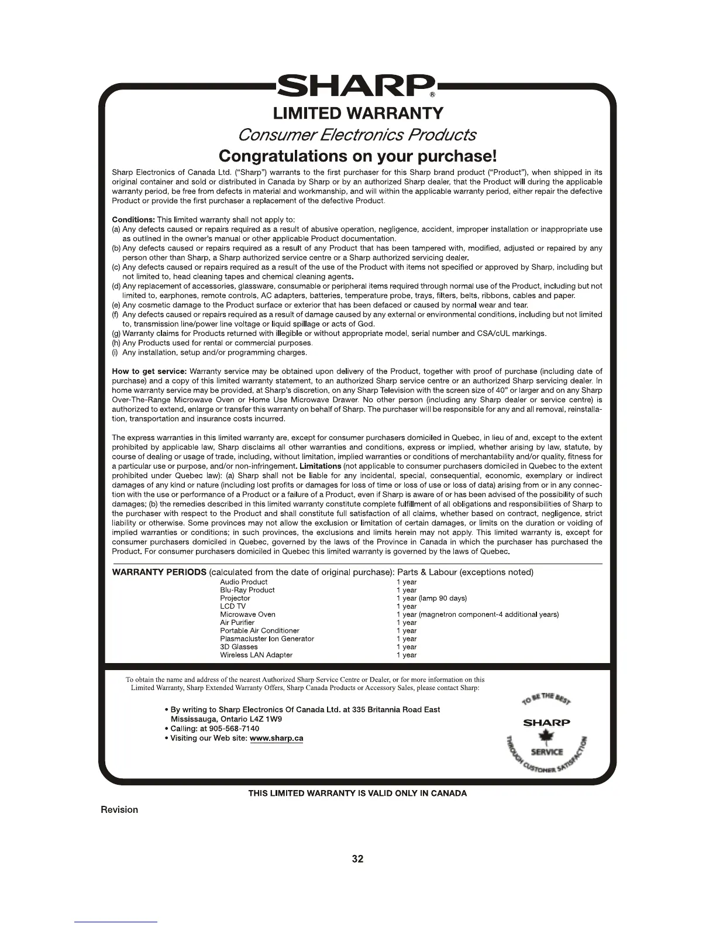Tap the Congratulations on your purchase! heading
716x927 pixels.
tap(357, 156)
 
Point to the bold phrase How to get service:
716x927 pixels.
tap(149, 371)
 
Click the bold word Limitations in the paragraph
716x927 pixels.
tap(320, 466)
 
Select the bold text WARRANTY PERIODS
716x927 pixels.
tap(159, 572)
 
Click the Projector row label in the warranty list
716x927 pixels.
tap(235, 598)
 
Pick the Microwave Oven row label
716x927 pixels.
tap(247, 614)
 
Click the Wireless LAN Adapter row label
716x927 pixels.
tap(256, 655)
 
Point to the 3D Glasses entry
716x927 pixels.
tap(239, 647)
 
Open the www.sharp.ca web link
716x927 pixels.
tap(276, 739)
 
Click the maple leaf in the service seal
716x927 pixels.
tap(546, 737)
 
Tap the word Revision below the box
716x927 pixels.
tap(119, 810)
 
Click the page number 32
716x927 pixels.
tap(357, 859)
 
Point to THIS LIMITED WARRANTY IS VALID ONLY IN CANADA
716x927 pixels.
tap(357, 794)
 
